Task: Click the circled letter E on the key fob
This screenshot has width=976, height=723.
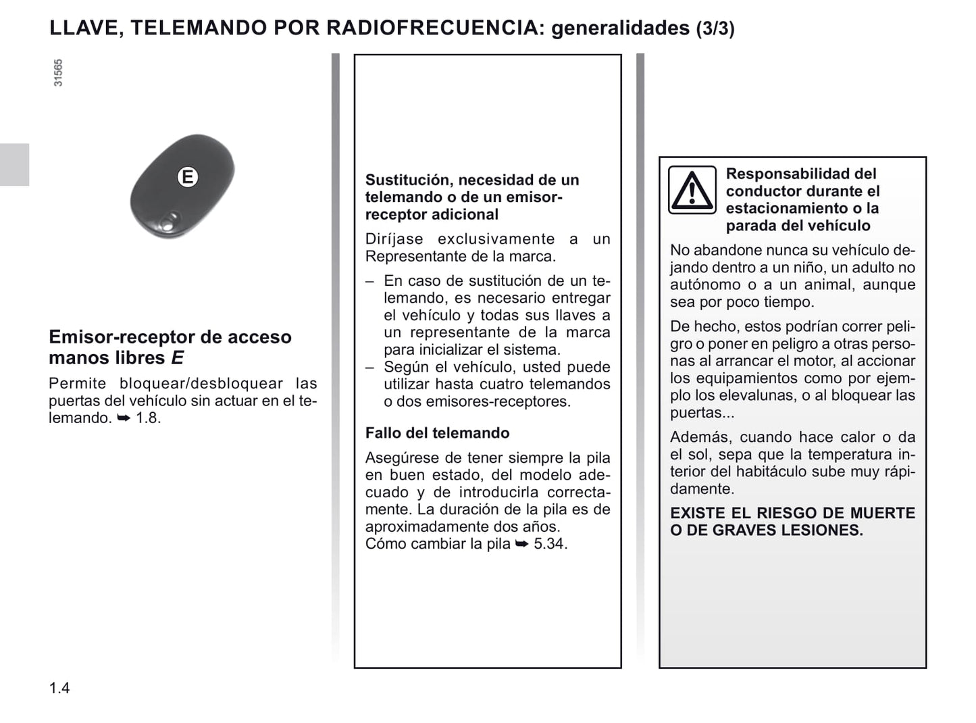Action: point(187,177)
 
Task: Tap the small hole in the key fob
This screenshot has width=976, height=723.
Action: point(172,218)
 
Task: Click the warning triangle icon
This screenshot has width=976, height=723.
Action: point(692,190)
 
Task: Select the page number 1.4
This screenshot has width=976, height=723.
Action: point(59,689)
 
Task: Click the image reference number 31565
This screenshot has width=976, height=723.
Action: point(58,73)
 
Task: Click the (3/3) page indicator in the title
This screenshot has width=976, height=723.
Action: point(715,28)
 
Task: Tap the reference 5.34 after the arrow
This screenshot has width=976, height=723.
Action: point(550,544)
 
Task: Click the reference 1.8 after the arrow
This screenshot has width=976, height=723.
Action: point(148,418)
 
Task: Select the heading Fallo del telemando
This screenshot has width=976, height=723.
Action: point(437,433)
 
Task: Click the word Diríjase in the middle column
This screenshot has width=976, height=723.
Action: point(394,239)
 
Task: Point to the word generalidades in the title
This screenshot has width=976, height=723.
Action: point(620,28)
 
